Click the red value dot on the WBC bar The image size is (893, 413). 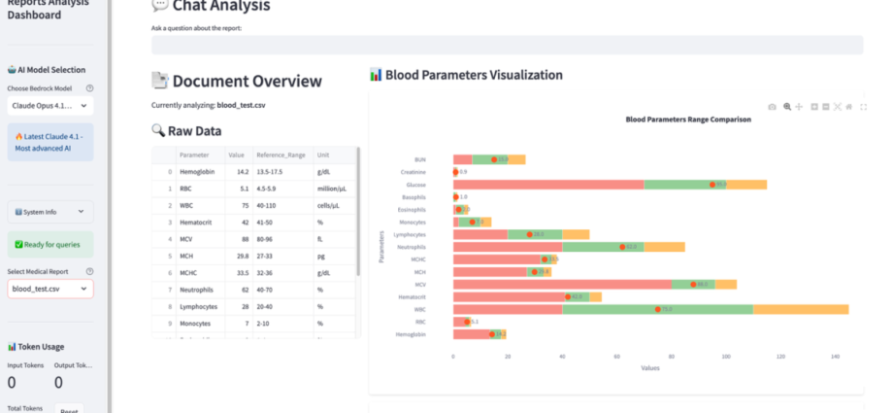(658, 309)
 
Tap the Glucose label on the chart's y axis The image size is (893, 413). (416, 184)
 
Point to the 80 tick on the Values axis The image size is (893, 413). (672, 357)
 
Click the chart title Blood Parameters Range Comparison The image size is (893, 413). (688, 120)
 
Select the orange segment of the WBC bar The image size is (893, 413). (801, 309)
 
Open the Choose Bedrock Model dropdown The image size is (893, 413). (50, 106)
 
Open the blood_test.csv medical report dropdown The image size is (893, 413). (50, 289)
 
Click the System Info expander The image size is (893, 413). (50, 211)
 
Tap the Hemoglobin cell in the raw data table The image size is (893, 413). (198, 171)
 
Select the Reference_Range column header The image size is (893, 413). (281, 155)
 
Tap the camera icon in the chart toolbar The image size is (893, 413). (772, 106)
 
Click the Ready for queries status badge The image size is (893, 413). (50, 244)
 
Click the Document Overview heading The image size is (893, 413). (247, 81)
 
